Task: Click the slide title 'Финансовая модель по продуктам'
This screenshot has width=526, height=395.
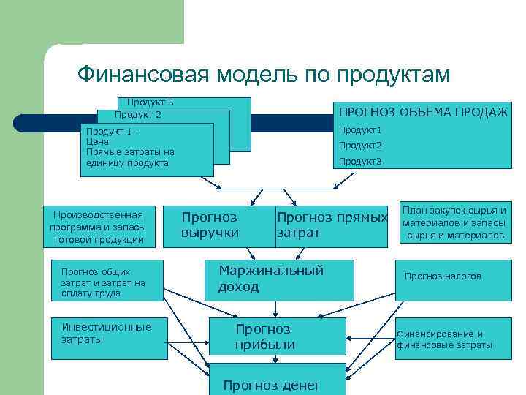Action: (x=264, y=75)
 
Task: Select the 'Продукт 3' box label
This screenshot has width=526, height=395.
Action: (x=150, y=102)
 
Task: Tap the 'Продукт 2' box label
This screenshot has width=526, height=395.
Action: (x=137, y=115)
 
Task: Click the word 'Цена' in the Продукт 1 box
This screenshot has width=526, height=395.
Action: (x=97, y=142)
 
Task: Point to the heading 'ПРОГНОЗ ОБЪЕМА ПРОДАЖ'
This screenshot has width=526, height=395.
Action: (x=422, y=110)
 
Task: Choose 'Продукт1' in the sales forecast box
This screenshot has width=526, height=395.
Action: (x=360, y=130)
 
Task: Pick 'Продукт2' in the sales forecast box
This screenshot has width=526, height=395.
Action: (x=360, y=146)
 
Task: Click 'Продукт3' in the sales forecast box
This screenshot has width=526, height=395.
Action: (x=360, y=161)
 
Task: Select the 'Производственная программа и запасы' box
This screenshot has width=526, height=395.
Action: (x=99, y=226)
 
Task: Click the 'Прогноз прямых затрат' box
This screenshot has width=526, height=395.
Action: (x=331, y=225)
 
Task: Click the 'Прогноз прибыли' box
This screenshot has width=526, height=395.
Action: (x=276, y=337)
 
